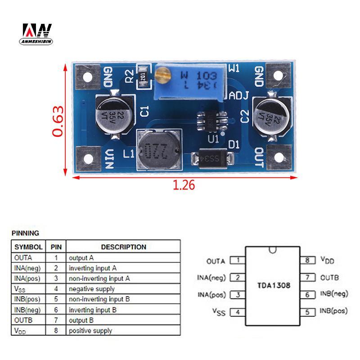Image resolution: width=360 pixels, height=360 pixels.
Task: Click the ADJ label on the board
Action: (239, 95)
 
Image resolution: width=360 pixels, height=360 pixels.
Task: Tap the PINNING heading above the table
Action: (25, 233)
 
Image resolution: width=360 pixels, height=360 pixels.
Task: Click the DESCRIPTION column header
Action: (123, 247)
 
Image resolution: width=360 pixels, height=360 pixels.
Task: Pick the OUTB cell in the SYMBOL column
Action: (24, 320)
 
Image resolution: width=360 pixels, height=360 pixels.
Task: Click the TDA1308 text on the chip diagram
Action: (274, 285)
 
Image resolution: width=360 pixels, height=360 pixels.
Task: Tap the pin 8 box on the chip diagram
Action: (307, 260)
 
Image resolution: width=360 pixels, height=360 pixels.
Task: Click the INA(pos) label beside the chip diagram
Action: (211, 295)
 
